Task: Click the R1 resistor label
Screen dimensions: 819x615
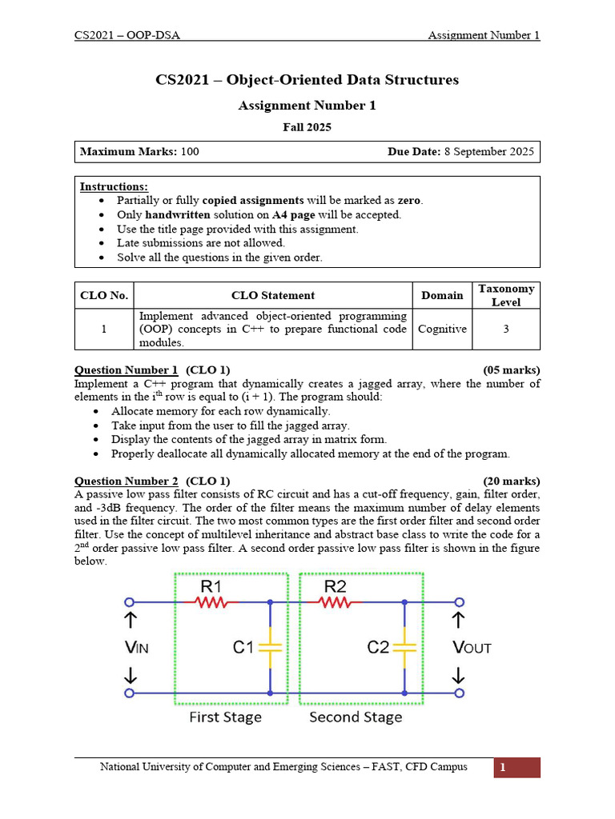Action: (x=211, y=587)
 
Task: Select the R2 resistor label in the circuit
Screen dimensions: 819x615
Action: (x=335, y=587)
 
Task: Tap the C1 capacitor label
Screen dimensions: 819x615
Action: (x=243, y=647)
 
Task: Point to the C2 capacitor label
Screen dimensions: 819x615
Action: (x=378, y=647)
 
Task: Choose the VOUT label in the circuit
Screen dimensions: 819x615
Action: (x=472, y=648)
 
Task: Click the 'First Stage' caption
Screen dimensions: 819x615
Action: (x=225, y=717)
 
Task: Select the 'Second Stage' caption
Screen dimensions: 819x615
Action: (x=356, y=717)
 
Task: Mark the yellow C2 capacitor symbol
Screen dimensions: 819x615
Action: (x=405, y=647)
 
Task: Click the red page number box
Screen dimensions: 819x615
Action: (x=517, y=768)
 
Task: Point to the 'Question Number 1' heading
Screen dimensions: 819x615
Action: (x=127, y=370)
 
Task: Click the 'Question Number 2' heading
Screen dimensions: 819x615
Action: (x=127, y=481)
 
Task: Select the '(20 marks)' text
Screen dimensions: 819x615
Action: (x=511, y=481)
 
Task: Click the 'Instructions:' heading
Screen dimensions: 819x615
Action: (x=114, y=186)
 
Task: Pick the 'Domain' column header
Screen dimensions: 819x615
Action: (x=442, y=295)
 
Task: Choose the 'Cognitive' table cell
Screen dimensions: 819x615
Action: (x=442, y=329)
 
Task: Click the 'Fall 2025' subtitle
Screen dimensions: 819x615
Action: (x=307, y=126)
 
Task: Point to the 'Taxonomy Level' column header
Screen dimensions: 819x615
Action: (x=505, y=295)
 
